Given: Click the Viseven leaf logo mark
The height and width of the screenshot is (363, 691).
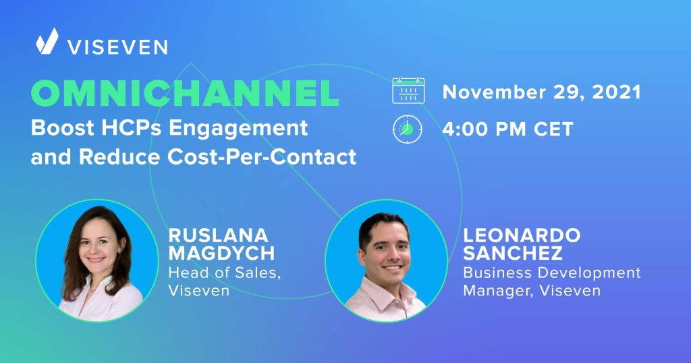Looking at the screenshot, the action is (47, 41).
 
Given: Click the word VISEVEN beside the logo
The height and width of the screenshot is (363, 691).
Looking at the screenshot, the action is (117, 47).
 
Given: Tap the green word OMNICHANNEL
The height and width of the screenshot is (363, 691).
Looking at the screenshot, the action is (185, 93).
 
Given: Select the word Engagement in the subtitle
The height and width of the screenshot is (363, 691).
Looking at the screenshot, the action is (238, 129).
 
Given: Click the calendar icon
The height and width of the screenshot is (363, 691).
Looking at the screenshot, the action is (408, 90).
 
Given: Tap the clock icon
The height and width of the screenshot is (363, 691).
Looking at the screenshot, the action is (408, 130).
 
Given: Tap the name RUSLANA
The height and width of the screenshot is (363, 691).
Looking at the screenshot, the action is (219, 235).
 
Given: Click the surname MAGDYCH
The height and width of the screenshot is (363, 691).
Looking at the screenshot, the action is (221, 253).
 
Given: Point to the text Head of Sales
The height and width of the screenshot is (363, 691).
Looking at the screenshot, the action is (224, 273).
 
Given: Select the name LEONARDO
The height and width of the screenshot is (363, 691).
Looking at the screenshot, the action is (522, 235).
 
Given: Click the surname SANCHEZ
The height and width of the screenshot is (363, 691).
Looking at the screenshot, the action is (513, 253).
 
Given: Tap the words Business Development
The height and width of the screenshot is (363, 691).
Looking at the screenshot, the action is (552, 273).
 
